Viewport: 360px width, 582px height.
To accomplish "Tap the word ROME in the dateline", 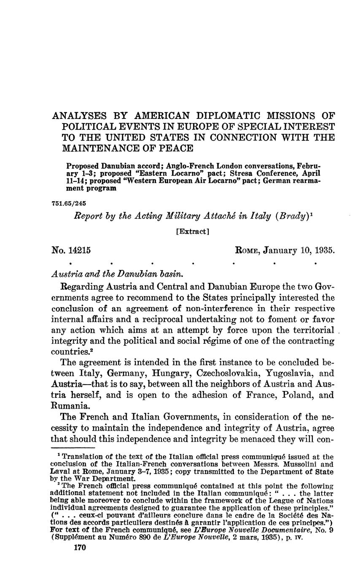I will tap(247, 251).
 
